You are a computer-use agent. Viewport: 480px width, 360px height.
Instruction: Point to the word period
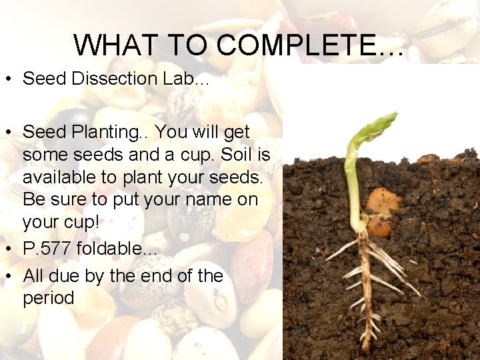pyautogui.click(x=49, y=299)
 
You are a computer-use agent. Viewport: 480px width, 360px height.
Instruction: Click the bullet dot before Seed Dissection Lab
pyautogui.click(x=10, y=79)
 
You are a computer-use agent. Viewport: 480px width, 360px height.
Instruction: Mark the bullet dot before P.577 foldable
pyautogui.click(x=10, y=249)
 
